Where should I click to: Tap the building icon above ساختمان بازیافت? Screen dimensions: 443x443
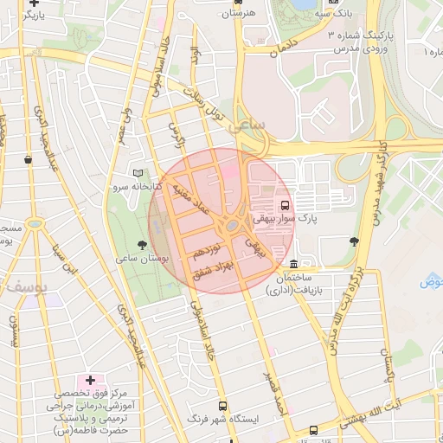point(294,264)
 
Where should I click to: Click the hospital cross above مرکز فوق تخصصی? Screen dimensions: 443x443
point(90,380)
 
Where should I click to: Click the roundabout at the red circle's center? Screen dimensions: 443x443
point(231,227)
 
